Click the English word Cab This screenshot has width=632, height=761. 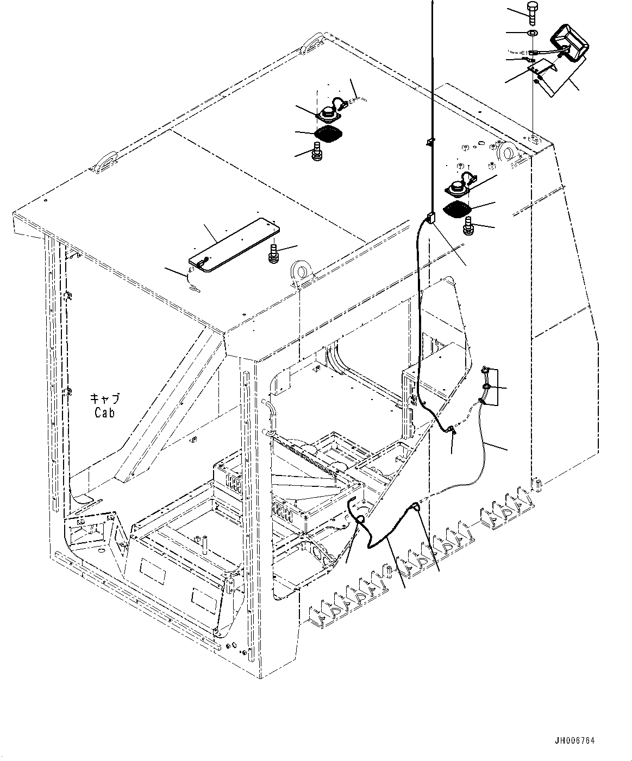104,413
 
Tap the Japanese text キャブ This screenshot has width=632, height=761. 104,399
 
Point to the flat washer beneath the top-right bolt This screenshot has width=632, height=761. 533,34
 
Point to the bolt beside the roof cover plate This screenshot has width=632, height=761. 274,253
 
